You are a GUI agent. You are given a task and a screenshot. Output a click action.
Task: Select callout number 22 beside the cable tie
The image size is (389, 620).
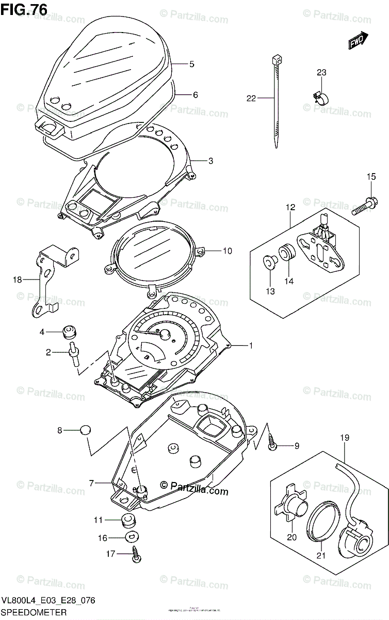251,98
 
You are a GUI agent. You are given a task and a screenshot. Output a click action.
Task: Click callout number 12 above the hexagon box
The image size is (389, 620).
290,207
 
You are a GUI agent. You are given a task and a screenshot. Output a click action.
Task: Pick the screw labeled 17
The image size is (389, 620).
136,553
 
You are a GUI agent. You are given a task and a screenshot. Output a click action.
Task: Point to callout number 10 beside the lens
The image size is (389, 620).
228,251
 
